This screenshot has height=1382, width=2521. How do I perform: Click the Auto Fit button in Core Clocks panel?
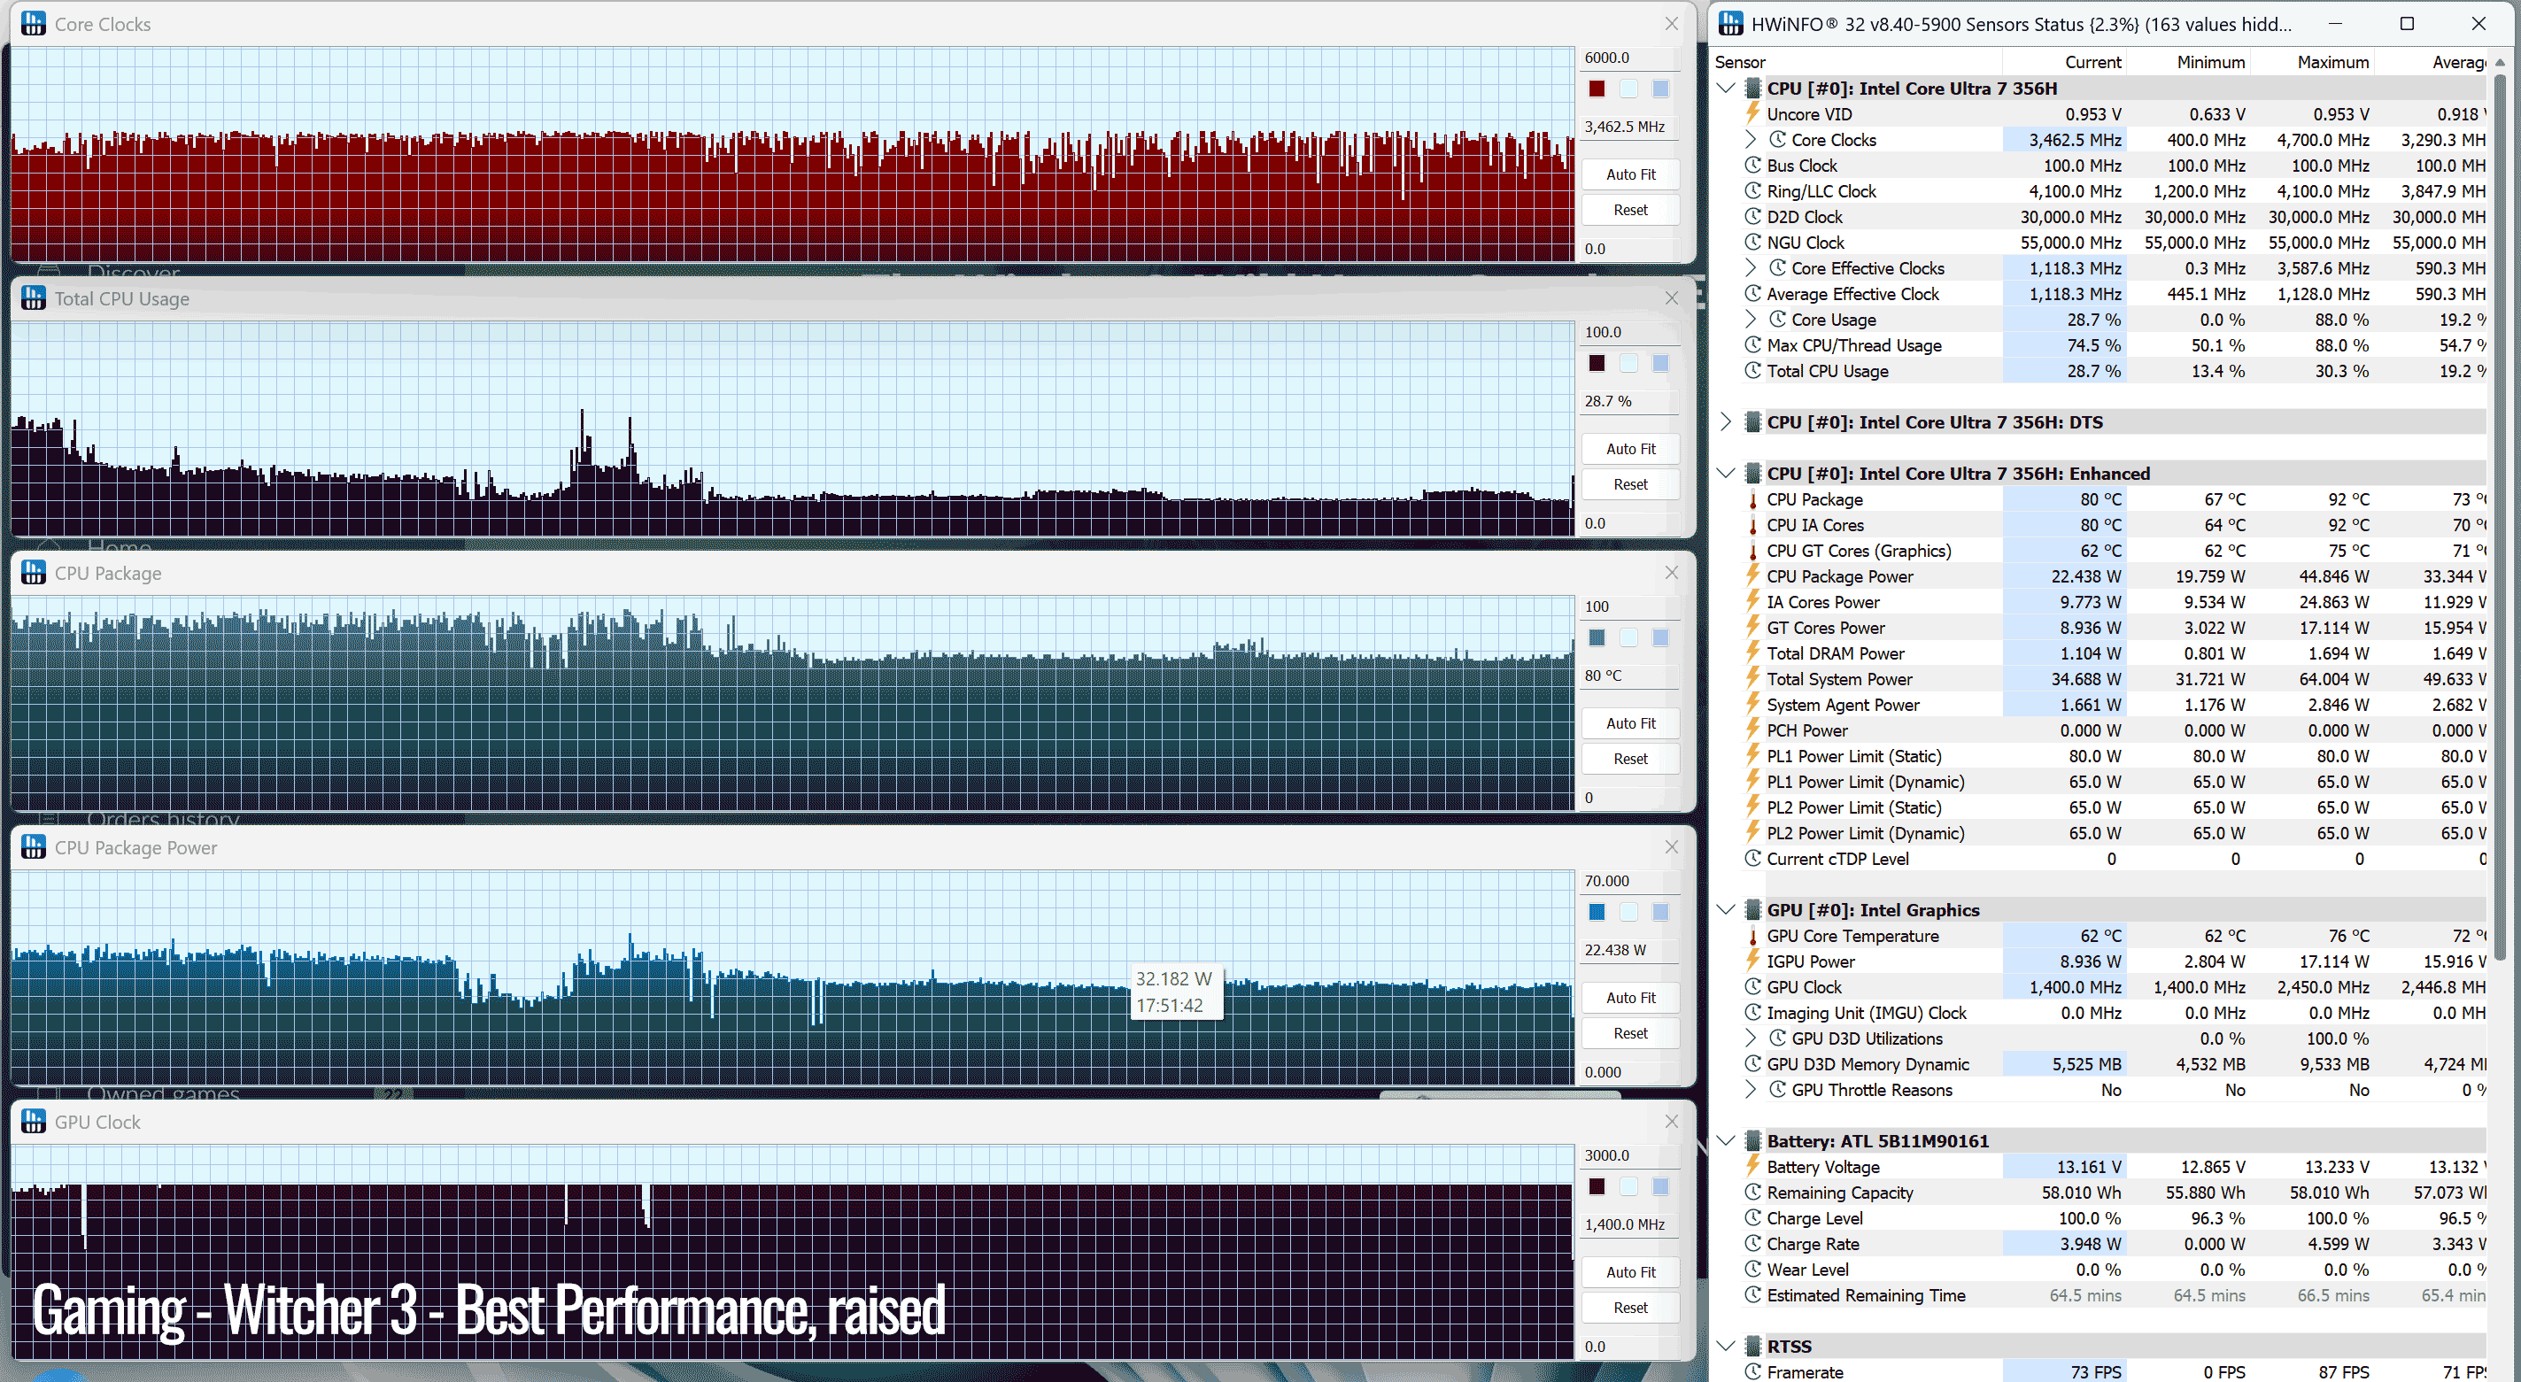point(1630,174)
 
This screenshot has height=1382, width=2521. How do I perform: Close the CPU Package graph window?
point(1672,573)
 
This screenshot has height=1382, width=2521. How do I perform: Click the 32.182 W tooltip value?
point(1173,979)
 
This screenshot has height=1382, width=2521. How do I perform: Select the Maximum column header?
point(2333,62)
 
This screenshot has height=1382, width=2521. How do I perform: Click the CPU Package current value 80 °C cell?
point(2100,499)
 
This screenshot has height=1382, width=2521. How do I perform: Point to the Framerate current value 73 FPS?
point(2095,1371)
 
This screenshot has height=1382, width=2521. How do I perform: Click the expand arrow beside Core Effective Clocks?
point(1750,267)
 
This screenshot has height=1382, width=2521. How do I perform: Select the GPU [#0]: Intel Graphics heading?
point(1872,909)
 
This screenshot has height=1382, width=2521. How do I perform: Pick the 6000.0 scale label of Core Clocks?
point(1607,58)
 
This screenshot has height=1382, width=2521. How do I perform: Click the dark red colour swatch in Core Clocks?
point(1597,89)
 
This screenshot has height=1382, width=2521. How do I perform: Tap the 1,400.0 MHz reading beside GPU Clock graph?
point(1624,1224)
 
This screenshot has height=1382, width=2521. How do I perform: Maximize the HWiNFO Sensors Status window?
point(2407,24)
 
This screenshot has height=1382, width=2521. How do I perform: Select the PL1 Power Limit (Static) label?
point(1853,755)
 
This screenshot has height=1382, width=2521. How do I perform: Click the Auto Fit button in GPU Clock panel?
point(1630,1271)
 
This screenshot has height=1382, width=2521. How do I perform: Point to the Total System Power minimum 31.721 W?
point(2210,678)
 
